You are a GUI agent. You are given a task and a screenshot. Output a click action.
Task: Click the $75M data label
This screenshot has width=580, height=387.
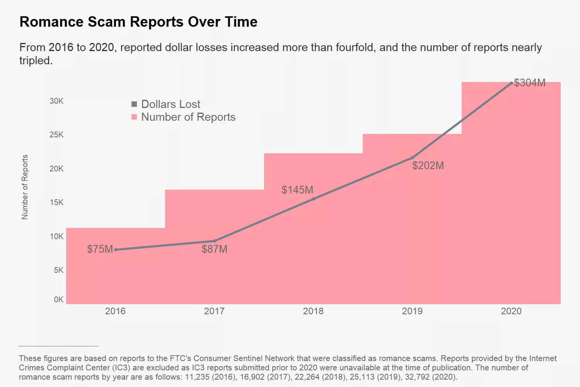coord(100,249)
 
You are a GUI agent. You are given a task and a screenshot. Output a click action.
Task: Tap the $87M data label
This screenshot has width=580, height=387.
coord(215,249)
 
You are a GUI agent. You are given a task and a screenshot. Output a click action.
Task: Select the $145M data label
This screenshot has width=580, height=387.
coord(297,190)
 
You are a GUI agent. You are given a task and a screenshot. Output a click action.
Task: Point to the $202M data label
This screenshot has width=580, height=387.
coord(428,165)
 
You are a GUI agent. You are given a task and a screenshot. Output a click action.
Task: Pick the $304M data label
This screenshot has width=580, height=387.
coord(530,83)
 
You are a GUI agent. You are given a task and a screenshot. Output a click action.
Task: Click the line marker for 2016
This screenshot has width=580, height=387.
coord(116,250)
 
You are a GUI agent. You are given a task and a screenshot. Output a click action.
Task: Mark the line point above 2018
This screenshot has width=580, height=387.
coord(314,199)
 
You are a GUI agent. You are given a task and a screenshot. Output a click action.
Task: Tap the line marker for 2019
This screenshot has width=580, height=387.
coord(413,158)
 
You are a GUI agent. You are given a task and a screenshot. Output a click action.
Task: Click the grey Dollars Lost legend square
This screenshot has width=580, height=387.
coord(134,104)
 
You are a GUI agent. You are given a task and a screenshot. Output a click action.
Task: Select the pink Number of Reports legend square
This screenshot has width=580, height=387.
coord(134,117)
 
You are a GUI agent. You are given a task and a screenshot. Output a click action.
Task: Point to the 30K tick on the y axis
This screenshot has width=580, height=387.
coord(56,101)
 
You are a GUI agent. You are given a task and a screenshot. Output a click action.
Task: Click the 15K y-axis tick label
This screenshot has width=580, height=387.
coord(56,202)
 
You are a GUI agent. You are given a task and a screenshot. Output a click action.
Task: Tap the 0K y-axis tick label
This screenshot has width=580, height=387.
coord(59,300)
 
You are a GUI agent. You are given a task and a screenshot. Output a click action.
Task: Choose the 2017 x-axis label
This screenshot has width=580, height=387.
coord(214,311)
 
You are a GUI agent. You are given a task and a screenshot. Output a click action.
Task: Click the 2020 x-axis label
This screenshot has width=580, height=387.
coord(511,311)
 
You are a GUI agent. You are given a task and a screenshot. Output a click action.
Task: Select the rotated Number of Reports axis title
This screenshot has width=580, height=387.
coord(25,187)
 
